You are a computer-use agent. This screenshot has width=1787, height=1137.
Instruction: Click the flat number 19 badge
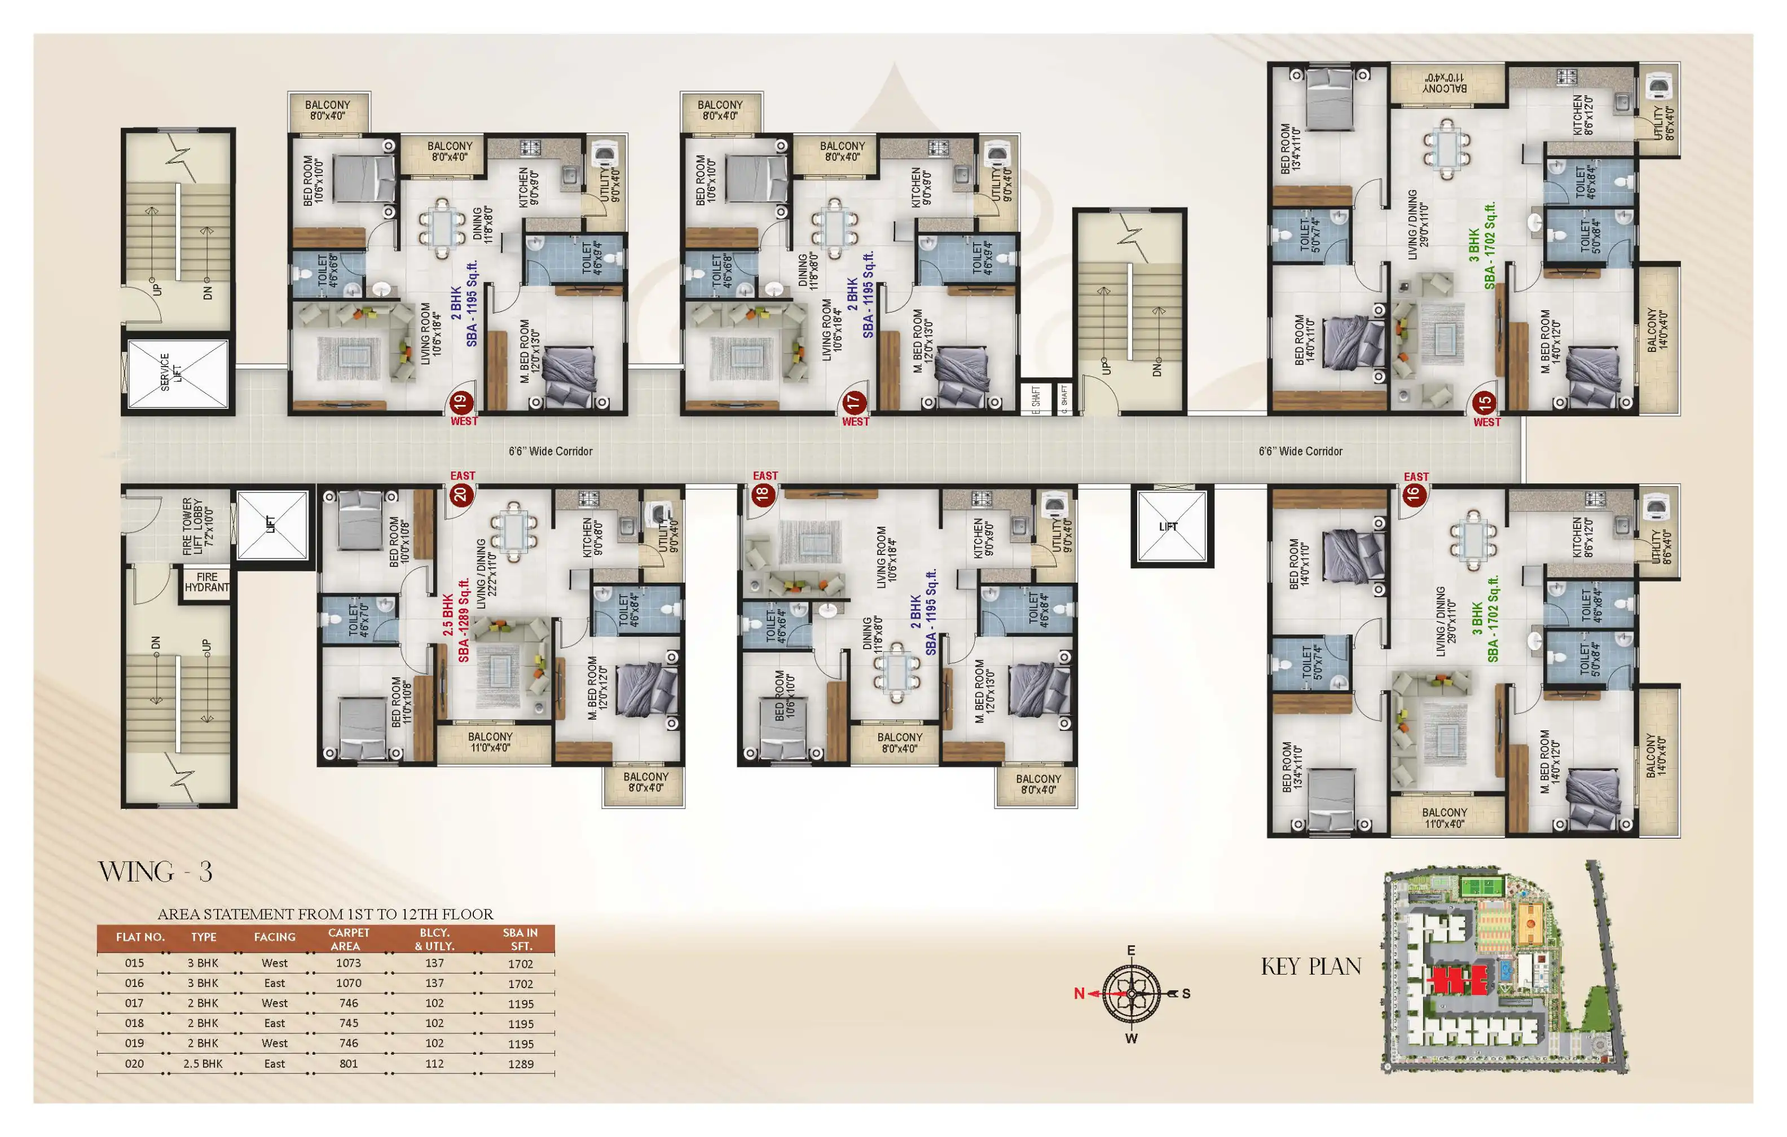tap(460, 402)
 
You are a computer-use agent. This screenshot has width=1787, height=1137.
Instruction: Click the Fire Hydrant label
tap(207, 582)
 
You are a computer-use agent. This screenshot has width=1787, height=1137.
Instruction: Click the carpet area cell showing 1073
tap(348, 963)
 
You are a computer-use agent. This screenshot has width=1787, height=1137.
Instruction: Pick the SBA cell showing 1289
tap(520, 1064)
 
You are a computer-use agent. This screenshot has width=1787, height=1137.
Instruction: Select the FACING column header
tap(275, 937)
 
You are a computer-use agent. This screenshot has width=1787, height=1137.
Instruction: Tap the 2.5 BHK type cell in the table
tap(203, 1064)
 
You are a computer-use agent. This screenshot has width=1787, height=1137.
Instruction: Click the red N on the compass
tap(1079, 993)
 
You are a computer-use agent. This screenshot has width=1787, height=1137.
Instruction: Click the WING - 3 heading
tap(155, 871)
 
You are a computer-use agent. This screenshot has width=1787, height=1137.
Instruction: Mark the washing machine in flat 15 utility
tap(1657, 86)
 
